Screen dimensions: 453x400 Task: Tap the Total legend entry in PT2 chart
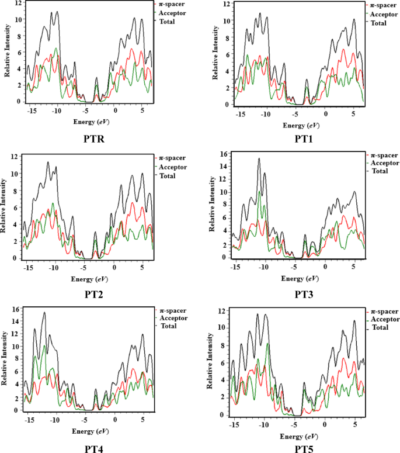click(170, 176)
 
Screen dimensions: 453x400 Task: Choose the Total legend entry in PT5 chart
click(380, 328)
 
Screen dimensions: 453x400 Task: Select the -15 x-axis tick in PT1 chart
click(240, 112)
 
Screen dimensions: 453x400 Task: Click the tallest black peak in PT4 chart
click(44, 313)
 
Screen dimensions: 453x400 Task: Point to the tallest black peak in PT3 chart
click(259, 158)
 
